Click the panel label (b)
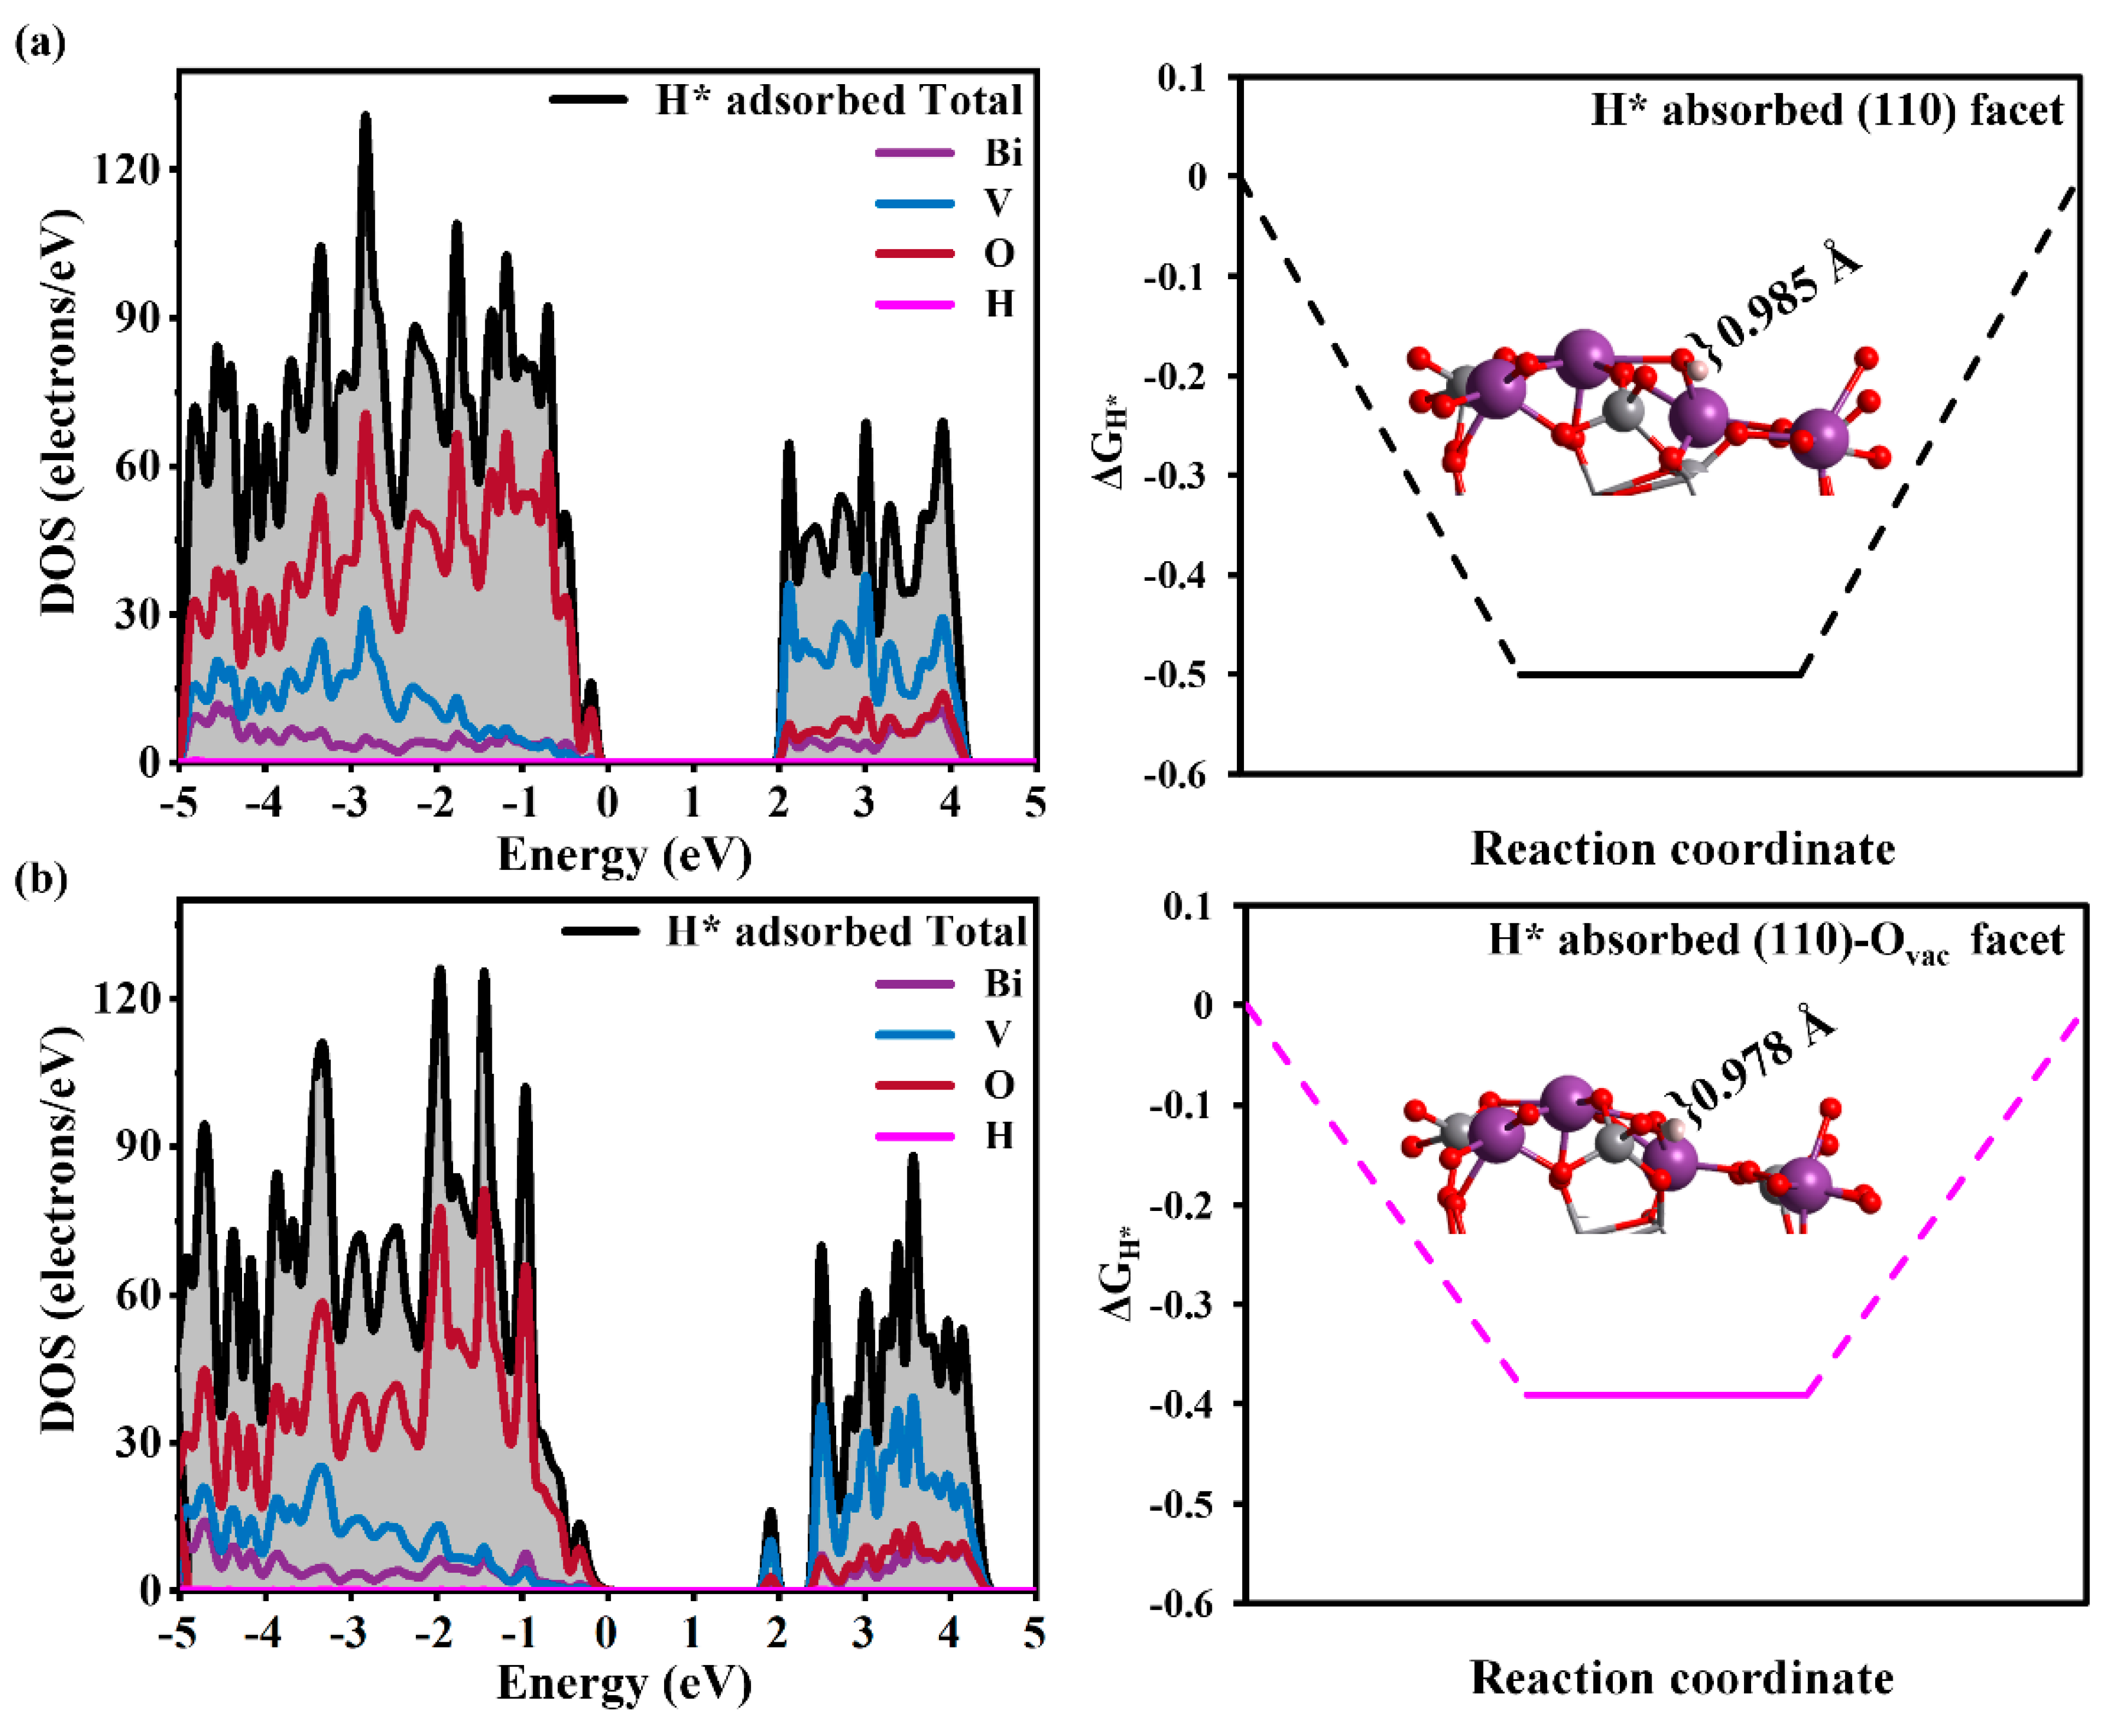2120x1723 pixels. tap(40, 879)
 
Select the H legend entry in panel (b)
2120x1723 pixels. tap(999, 1136)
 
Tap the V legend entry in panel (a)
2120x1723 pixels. tap(997, 203)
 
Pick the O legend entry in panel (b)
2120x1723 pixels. tap(999, 1085)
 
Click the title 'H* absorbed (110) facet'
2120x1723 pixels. tap(1826, 111)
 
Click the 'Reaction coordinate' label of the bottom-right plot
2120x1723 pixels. tap(1681, 1677)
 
